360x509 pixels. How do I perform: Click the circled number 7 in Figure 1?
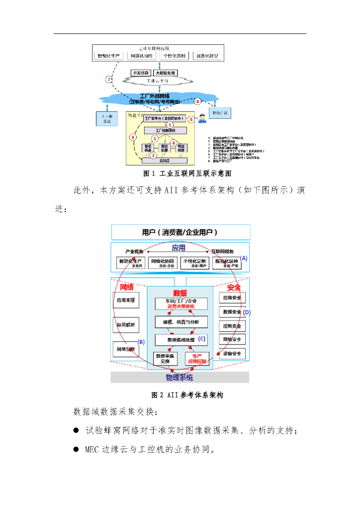click(109, 79)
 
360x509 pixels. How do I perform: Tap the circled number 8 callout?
click(197, 101)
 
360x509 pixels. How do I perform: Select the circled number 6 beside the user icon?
click(191, 119)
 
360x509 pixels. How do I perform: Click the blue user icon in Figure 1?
click(202, 118)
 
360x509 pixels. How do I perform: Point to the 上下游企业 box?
click(107, 118)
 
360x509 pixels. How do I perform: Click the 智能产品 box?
click(219, 113)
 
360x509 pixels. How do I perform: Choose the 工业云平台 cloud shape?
click(158, 81)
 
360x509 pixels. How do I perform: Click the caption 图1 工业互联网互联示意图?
click(180, 173)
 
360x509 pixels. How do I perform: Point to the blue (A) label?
click(244, 258)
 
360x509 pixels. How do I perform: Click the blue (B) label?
click(141, 341)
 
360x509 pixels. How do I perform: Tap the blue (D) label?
click(247, 312)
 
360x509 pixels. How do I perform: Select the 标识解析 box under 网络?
click(126, 325)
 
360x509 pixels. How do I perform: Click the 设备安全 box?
click(232, 353)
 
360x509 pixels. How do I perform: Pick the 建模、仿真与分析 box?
click(180, 322)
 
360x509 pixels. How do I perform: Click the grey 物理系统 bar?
click(180, 377)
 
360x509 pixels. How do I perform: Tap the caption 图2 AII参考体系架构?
click(180, 395)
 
